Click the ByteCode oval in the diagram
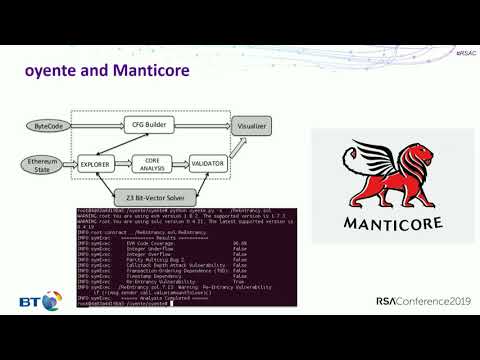tap(48, 127)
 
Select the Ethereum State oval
tap(44, 164)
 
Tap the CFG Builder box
tap(151, 125)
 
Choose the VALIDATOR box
tap(206, 161)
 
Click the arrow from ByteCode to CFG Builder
tap(94, 126)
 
